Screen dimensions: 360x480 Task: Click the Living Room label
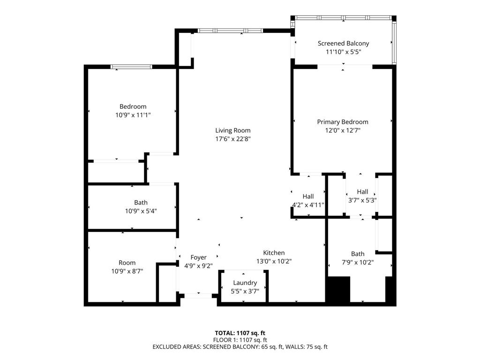(x=232, y=130)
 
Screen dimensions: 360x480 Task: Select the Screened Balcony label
(x=343, y=43)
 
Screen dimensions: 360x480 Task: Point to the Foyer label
(x=198, y=257)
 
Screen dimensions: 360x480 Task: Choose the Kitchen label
(x=274, y=253)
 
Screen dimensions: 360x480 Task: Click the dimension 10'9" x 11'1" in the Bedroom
(x=133, y=115)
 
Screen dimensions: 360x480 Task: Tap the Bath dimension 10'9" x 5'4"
(x=141, y=211)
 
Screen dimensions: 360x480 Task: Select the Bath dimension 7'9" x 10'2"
(x=358, y=262)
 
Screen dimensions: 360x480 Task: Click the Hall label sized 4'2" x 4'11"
(x=308, y=196)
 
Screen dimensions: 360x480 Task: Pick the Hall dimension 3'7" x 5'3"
(x=362, y=200)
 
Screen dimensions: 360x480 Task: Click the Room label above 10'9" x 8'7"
(x=127, y=262)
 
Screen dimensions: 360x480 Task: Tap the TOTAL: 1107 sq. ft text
(x=240, y=333)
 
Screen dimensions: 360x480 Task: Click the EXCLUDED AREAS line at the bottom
(x=240, y=347)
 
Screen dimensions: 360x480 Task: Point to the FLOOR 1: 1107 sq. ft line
(x=240, y=340)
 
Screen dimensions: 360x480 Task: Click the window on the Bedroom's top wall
(x=131, y=67)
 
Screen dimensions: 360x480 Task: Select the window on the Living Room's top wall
(x=229, y=31)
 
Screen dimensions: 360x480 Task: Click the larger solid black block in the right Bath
(x=338, y=289)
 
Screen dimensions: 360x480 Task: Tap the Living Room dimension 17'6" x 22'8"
(x=232, y=139)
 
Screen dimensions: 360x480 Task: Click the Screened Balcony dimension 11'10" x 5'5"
(x=343, y=52)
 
